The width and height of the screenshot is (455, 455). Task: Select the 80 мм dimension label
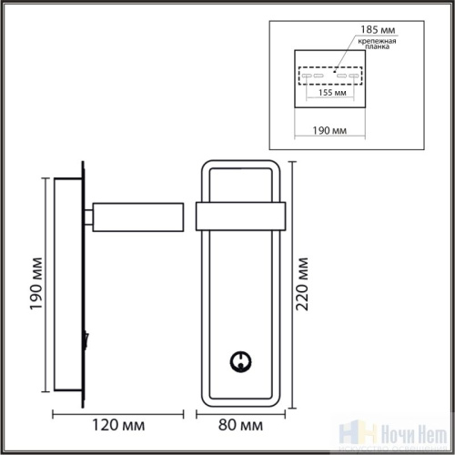pyautogui.click(x=241, y=424)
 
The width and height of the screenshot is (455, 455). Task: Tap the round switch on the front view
pyautogui.click(x=240, y=360)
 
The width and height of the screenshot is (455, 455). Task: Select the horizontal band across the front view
pyautogui.click(x=240, y=217)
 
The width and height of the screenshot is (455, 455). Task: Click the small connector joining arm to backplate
pyautogui.click(x=91, y=217)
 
